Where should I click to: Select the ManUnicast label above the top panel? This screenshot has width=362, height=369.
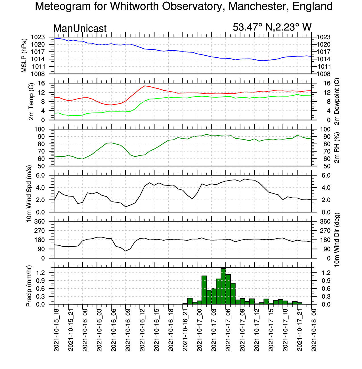click(x=80, y=28)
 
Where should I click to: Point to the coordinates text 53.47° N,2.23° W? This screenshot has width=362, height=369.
click(x=272, y=27)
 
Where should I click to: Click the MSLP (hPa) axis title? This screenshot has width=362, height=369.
click(x=24, y=55)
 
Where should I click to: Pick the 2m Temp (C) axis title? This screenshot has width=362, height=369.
click(x=31, y=101)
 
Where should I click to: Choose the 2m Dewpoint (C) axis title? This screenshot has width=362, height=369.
click(x=337, y=101)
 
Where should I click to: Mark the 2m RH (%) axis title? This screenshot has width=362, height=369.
click(x=337, y=147)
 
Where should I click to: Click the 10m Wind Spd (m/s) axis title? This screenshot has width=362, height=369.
click(x=29, y=194)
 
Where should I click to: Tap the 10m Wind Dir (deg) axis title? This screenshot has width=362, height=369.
click(x=337, y=240)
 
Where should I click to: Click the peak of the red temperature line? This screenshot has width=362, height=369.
click(x=145, y=86)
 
